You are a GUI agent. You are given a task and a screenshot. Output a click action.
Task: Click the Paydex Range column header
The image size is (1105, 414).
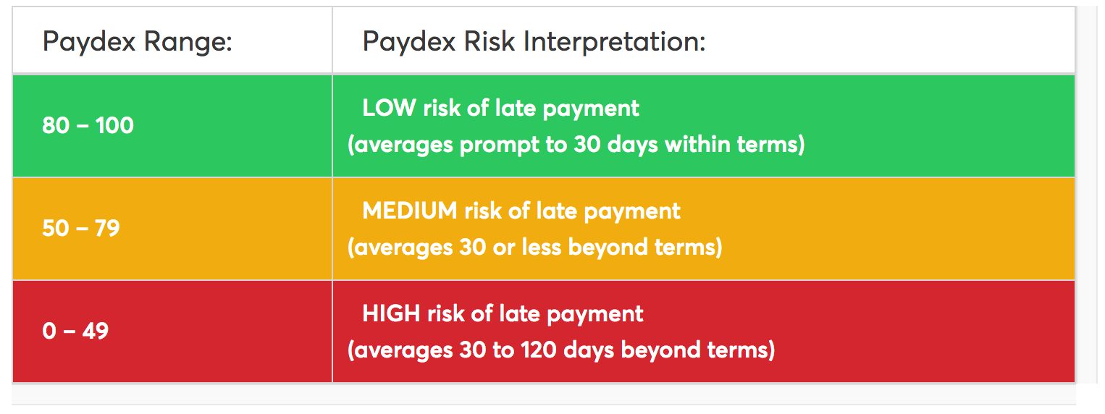point(137,41)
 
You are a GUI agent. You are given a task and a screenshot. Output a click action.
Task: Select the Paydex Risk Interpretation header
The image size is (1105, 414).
point(534,41)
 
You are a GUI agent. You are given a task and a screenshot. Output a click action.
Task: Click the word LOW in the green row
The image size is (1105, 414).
point(390,108)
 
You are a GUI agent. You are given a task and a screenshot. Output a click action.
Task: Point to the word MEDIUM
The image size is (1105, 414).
point(410,211)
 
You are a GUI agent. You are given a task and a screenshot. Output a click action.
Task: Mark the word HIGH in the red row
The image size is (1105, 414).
point(391,313)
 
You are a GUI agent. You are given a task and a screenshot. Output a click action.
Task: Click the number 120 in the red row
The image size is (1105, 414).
point(539,350)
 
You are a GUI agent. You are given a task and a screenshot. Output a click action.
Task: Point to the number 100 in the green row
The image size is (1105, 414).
point(114,125)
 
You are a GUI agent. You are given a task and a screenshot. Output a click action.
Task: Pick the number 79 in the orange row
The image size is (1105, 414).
point(107,228)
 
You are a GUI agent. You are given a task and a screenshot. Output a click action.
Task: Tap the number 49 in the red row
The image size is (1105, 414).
point(95,331)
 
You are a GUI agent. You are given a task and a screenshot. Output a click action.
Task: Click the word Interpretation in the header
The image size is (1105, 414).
point(615,41)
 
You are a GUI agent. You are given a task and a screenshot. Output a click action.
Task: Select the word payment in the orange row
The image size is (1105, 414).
point(632,212)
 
